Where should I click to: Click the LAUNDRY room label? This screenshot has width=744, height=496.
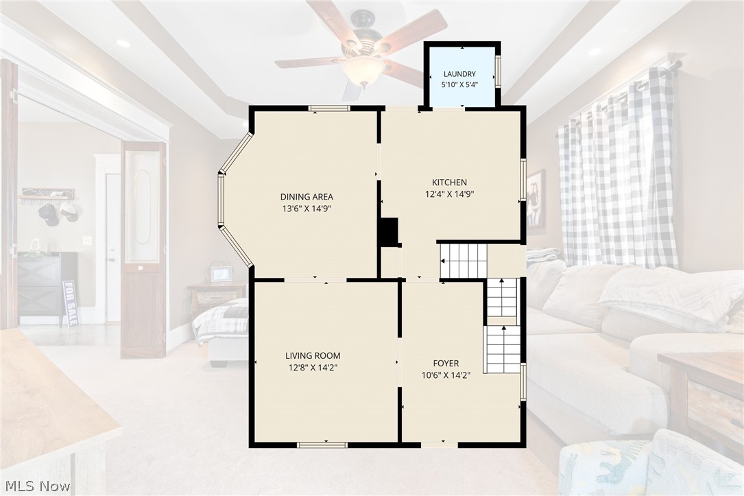pos(459,74)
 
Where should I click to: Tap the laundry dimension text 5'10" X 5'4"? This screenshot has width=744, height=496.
pos(459,85)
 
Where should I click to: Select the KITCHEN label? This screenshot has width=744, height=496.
pos(449,182)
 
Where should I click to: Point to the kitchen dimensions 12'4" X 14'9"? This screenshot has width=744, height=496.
pos(449,193)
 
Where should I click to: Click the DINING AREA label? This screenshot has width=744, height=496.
pos(307,196)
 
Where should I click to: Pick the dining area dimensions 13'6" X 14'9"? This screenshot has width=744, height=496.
pos(307,209)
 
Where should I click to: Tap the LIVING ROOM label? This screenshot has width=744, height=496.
pos(313,355)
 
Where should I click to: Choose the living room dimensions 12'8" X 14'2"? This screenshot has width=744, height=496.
pos(313,367)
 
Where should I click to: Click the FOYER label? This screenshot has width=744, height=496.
pos(446,364)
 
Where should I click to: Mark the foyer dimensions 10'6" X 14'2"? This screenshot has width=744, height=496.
pos(446,375)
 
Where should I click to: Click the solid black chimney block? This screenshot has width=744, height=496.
pos(389,233)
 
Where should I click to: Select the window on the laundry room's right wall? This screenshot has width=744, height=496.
pos(498,71)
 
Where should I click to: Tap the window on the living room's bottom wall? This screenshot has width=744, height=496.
pos(322,445)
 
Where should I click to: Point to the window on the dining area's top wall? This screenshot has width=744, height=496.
pos(329,108)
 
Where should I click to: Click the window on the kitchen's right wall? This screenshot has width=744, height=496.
pos(523,180)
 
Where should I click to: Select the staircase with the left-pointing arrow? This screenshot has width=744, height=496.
pos(464,261)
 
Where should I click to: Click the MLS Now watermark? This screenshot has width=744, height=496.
pos(37,486)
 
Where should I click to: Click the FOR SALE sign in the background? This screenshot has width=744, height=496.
pos(70,303)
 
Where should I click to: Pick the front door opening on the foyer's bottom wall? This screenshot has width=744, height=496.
pos(440,445)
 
